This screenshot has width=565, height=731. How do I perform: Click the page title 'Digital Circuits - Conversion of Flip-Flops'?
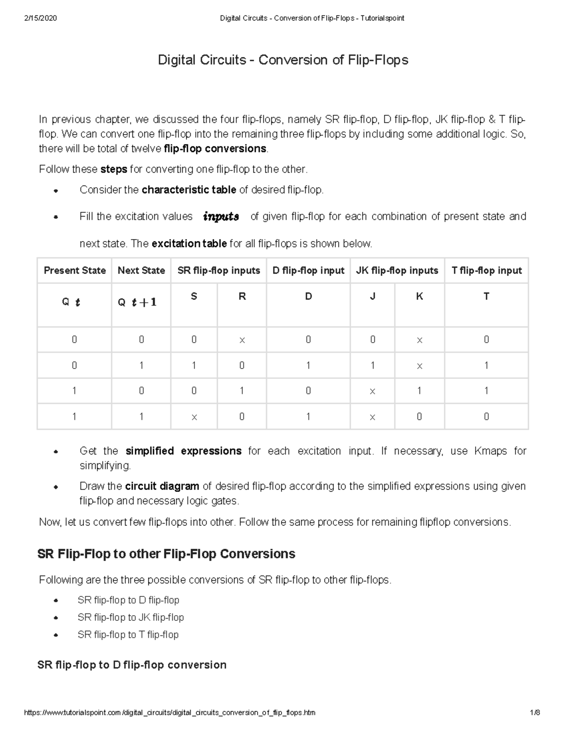(x=282, y=60)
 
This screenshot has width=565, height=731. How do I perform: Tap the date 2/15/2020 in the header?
(x=40, y=18)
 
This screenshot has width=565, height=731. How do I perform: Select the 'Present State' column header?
(x=74, y=271)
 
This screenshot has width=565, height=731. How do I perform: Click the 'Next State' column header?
(x=141, y=271)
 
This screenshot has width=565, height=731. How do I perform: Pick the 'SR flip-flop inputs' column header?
(x=218, y=271)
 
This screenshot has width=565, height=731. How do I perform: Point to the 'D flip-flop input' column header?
(x=308, y=271)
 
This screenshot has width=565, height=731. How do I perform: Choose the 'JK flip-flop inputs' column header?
(x=397, y=271)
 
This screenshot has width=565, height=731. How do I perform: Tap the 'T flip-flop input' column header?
(x=486, y=271)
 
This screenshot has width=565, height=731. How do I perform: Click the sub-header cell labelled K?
(x=420, y=297)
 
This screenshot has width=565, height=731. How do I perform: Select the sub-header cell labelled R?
(x=242, y=297)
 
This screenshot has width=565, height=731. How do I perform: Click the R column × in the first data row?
(x=242, y=340)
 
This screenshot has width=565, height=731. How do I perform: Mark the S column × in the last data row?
(x=194, y=417)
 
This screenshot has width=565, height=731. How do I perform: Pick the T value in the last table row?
(x=486, y=417)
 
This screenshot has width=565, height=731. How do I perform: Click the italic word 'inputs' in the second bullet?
(x=221, y=217)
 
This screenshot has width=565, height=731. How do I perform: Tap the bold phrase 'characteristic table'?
(x=189, y=190)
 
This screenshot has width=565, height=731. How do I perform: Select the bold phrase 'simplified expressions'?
(x=184, y=451)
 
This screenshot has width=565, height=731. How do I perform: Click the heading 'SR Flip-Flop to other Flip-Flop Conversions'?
(x=166, y=554)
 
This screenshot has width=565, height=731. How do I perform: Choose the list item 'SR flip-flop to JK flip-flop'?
(x=130, y=618)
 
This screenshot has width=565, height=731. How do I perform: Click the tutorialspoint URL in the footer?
(x=169, y=713)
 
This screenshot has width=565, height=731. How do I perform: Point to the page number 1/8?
(x=534, y=713)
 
